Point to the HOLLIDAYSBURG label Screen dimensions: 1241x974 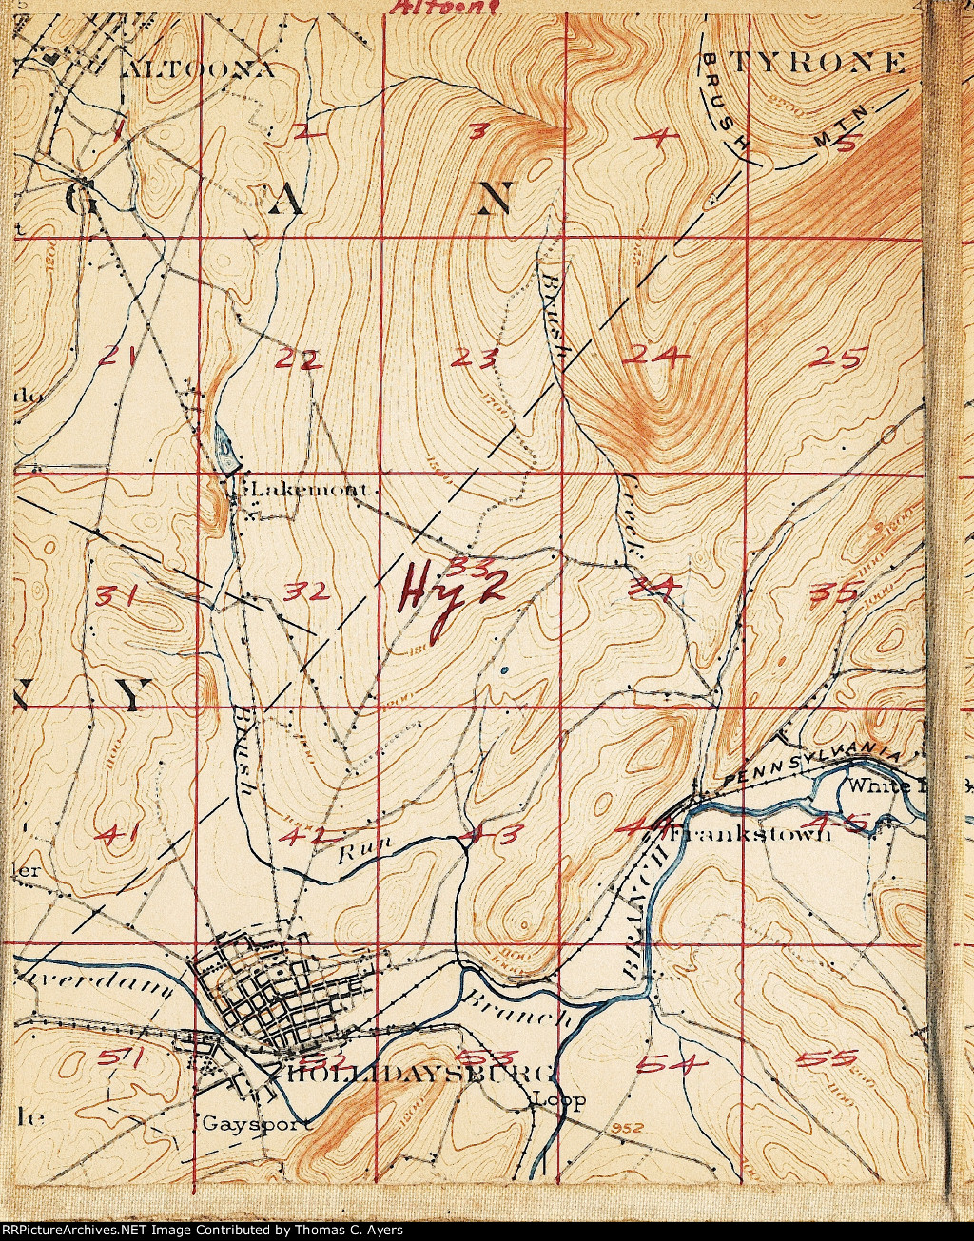[x=419, y=1074]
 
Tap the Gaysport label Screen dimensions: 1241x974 [x=256, y=1123]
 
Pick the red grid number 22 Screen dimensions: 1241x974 [x=300, y=359]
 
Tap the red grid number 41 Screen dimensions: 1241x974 [x=120, y=835]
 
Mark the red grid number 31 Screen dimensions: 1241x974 [x=119, y=597]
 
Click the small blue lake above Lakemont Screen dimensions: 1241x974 [x=225, y=442]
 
